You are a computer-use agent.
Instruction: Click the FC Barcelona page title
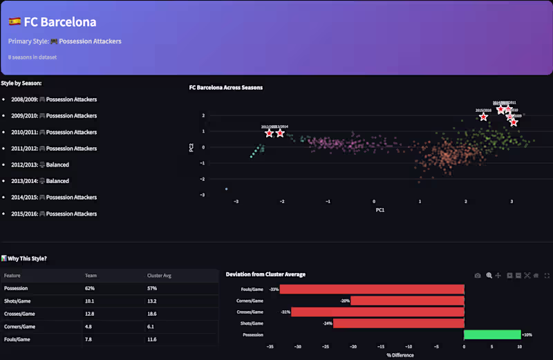pos(59,22)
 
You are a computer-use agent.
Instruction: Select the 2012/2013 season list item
pos(40,164)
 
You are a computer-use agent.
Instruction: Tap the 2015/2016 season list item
pos(54,214)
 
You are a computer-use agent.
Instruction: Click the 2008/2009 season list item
pos(54,100)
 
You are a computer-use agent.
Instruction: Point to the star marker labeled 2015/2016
pos(484,117)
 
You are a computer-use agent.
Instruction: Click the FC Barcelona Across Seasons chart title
pos(225,88)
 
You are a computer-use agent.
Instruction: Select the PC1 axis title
pos(379,209)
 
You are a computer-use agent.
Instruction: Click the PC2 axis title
pos(191,146)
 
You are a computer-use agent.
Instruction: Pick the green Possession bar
pos(492,334)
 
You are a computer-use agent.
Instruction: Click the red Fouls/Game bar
pos(372,289)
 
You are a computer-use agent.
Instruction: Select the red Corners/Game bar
pos(407,301)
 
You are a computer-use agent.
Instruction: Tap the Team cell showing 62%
pos(90,287)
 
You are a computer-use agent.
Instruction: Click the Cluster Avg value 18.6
pos(153,314)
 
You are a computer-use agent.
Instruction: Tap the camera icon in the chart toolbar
pos(478,275)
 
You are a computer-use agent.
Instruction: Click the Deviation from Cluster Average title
pos(265,274)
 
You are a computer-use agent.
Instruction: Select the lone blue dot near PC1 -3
pos(226,189)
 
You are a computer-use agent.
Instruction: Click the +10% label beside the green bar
pos(527,334)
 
